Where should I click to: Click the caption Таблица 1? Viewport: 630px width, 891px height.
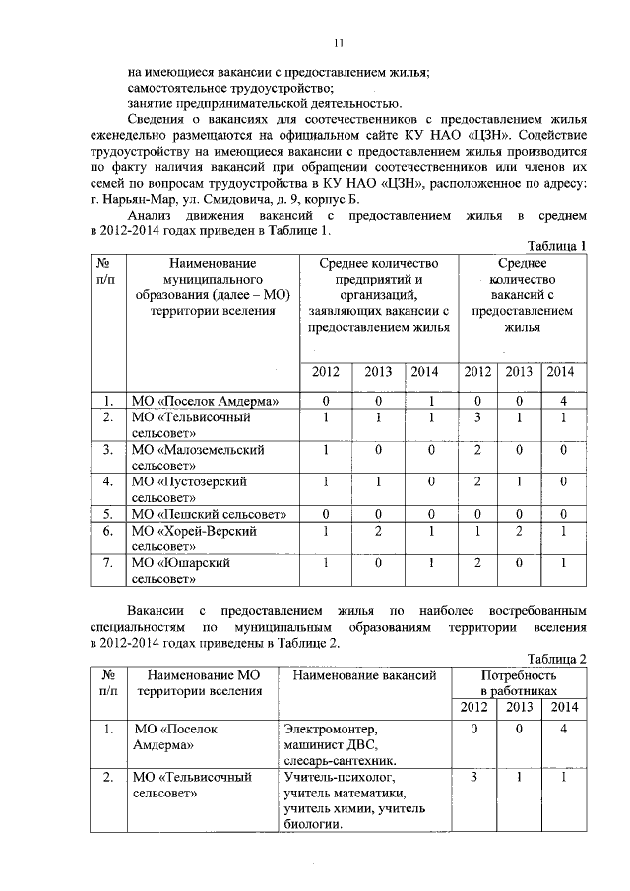[557, 245]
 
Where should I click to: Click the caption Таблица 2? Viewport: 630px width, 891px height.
[557, 659]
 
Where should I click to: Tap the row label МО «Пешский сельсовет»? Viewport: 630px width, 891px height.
[209, 514]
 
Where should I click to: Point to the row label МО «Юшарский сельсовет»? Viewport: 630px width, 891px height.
[181, 570]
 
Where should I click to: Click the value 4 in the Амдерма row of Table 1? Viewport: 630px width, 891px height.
[561, 401]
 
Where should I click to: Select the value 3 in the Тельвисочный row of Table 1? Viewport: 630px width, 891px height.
[477, 418]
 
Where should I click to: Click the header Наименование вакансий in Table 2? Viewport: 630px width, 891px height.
[358, 676]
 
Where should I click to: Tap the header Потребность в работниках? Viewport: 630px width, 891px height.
[518, 684]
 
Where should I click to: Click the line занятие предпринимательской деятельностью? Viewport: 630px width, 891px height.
[264, 103]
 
